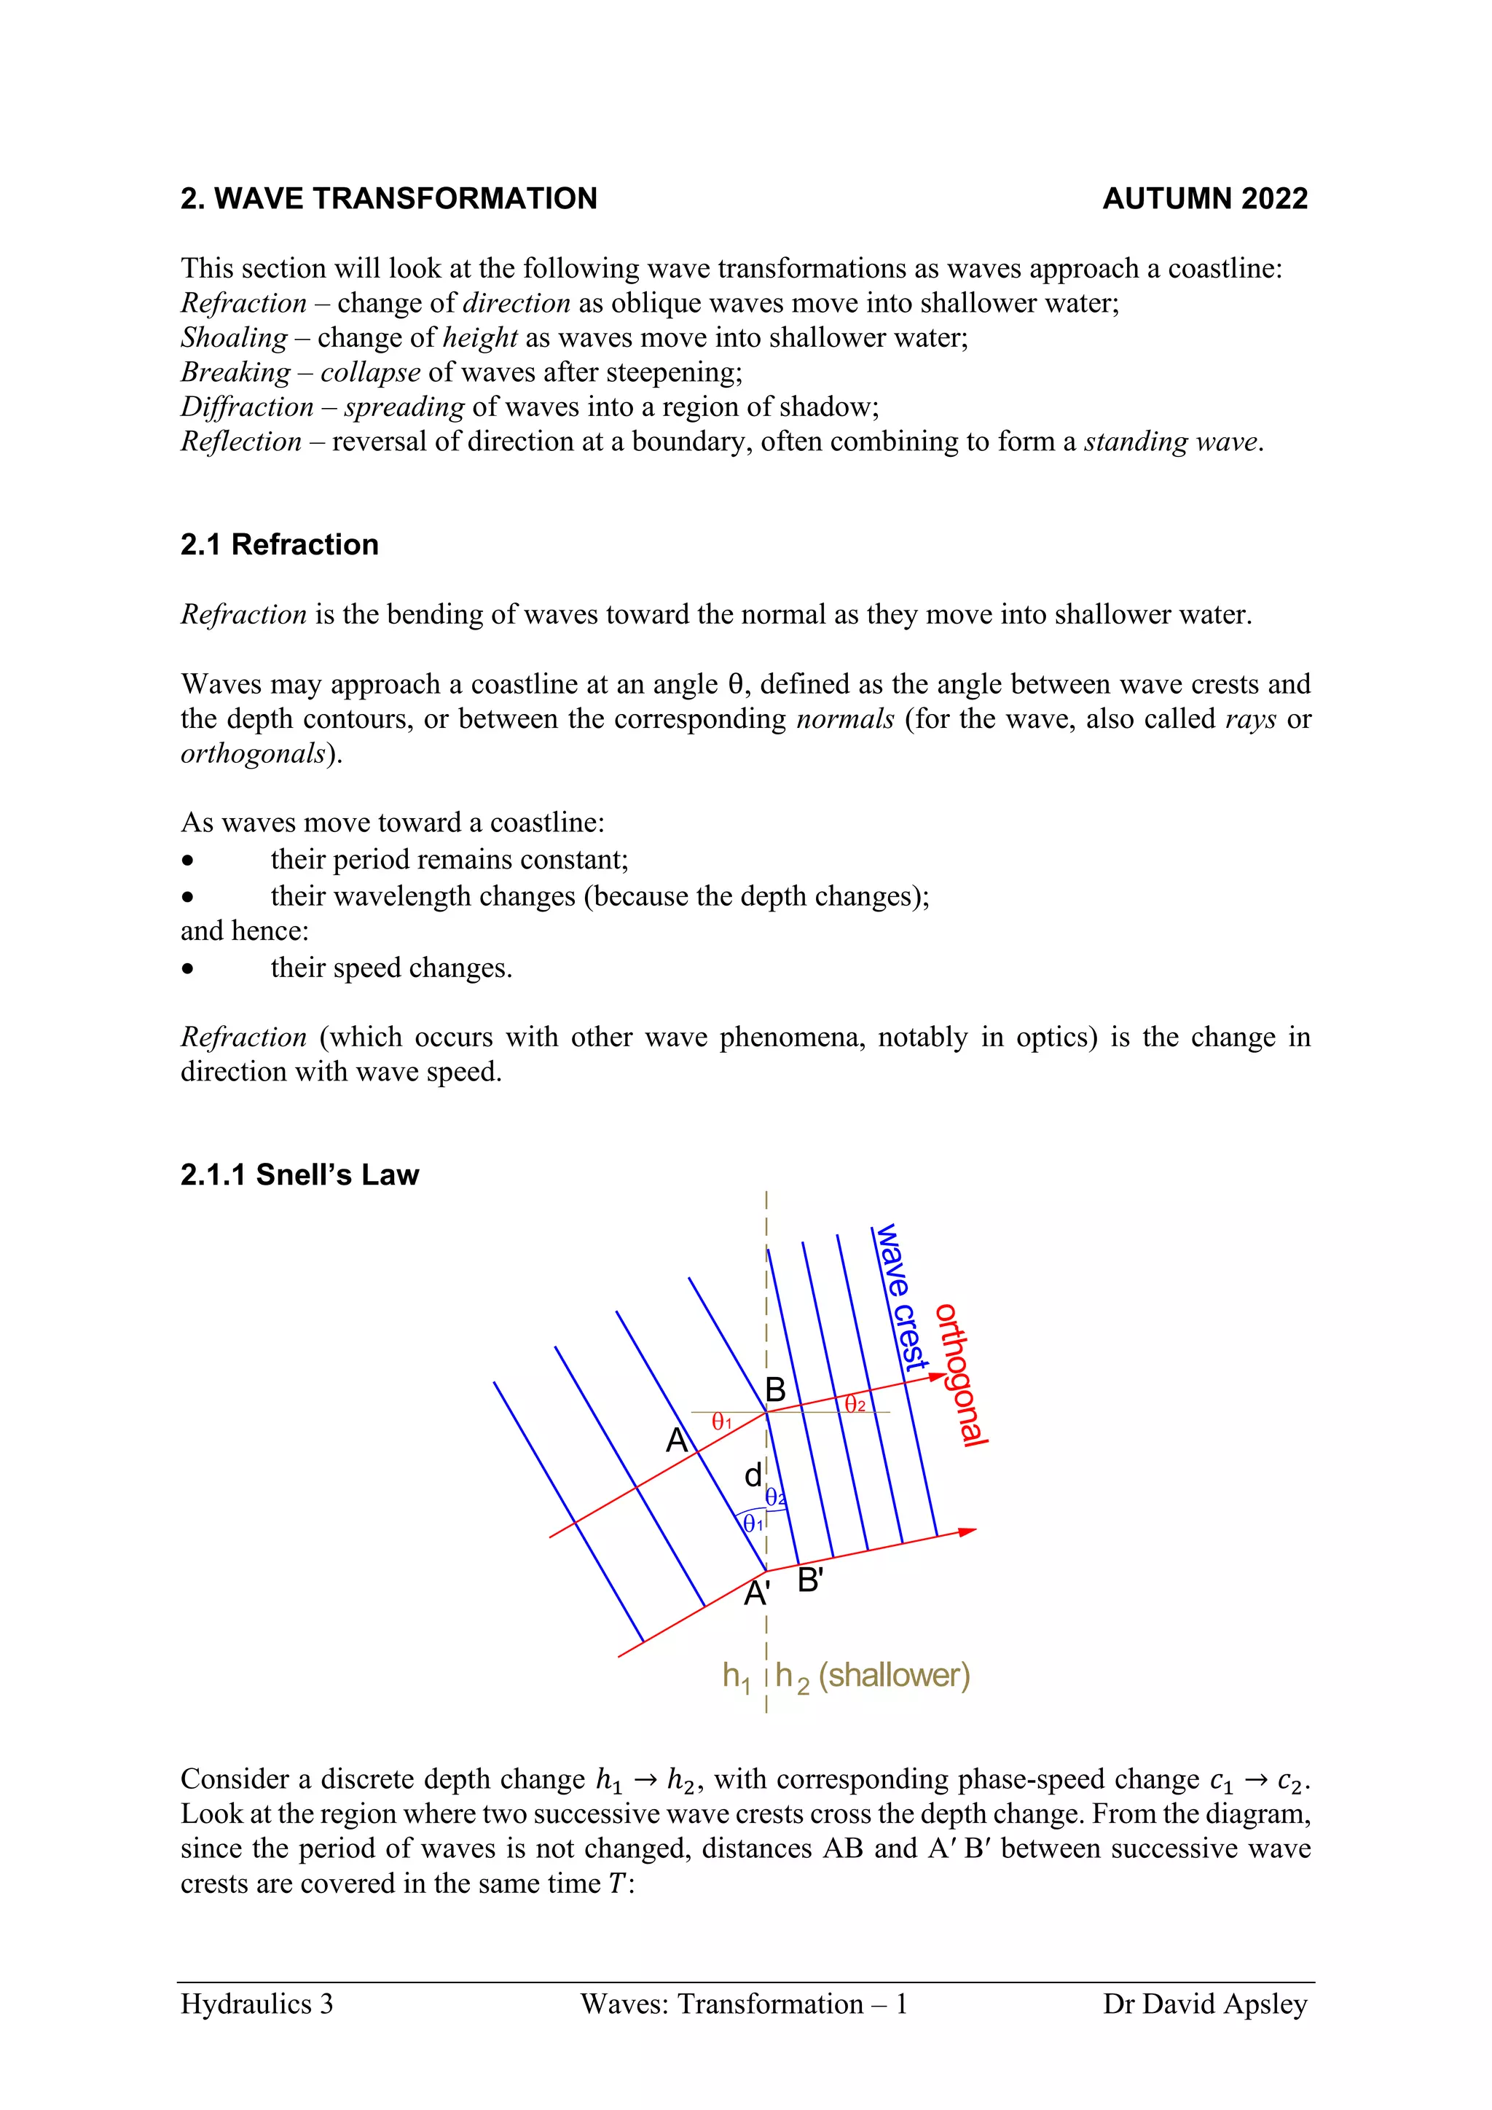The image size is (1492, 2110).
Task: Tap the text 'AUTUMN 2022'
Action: (x=1204, y=198)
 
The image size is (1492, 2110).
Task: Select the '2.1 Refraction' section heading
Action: (x=279, y=544)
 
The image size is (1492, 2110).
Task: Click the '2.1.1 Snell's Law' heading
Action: (x=299, y=1174)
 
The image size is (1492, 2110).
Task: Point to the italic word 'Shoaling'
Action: (x=235, y=337)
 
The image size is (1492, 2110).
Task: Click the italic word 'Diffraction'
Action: (x=247, y=407)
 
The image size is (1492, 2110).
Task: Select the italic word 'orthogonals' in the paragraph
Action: (x=254, y=753)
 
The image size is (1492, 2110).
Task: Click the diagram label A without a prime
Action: (x=677, y=1440)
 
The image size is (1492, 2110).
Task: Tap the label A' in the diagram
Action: (x=756, y=1593)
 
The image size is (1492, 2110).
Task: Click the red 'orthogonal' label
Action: (x=961, y=1375)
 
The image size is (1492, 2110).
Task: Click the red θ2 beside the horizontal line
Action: (x=855, y=1404)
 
